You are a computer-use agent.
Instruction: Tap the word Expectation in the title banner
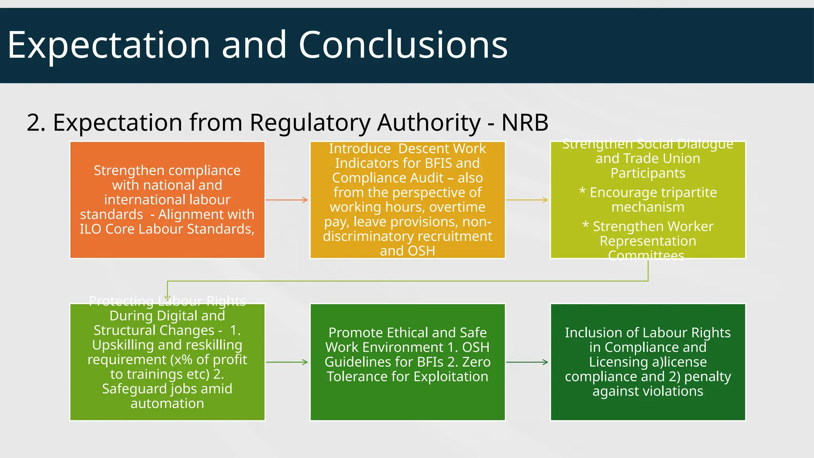click(x=109, y=45)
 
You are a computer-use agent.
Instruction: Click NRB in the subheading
click(x=525, y=122)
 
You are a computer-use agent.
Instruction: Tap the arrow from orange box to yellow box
click(x=287, y=200)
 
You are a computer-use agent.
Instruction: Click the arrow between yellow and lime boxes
click(x=527, y=200)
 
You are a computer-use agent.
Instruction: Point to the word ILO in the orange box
click(x=90, y=229)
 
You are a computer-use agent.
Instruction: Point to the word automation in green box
click(x=167, y=403)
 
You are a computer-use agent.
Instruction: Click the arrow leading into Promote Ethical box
click(x=287, y=362)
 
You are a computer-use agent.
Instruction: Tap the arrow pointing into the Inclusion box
click(x=527, y=362)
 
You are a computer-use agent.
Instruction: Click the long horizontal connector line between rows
click(x=408, y=281)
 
